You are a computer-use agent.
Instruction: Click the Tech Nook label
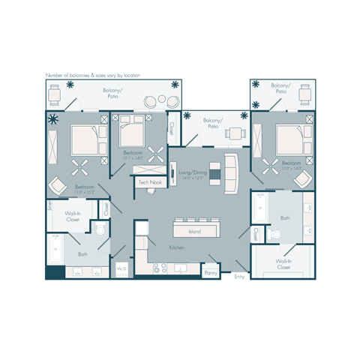coord(151,182)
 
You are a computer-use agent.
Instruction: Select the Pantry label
coord(211,273)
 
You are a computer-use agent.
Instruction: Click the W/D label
coord(121,268)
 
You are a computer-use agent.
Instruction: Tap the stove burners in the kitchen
coord(160,266)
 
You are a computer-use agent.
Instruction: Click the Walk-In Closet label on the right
coord(283,264)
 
